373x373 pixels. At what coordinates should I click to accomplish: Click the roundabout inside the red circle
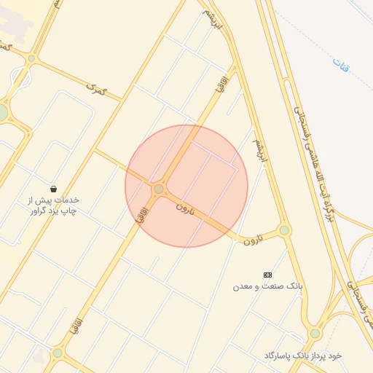point(159,189)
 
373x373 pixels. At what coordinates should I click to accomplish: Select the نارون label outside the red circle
point(251,239)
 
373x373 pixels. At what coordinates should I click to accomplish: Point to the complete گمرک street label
point(95,89)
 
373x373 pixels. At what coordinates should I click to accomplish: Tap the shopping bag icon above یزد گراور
point(54,188)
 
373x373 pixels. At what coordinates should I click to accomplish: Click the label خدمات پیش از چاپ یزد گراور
point(53,205)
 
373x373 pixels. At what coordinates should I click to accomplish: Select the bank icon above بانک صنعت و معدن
point(267,274)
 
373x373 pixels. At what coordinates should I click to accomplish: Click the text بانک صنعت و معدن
point(267,287)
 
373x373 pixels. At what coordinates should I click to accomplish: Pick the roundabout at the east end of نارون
point(284,230)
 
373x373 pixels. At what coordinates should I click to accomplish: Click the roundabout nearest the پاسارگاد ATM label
point(315,333)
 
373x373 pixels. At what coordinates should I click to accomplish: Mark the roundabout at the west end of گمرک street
point(31,58)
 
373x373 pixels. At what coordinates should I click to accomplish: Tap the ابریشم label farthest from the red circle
point(209,16)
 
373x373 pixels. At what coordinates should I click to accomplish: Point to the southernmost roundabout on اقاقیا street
point(58,353)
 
